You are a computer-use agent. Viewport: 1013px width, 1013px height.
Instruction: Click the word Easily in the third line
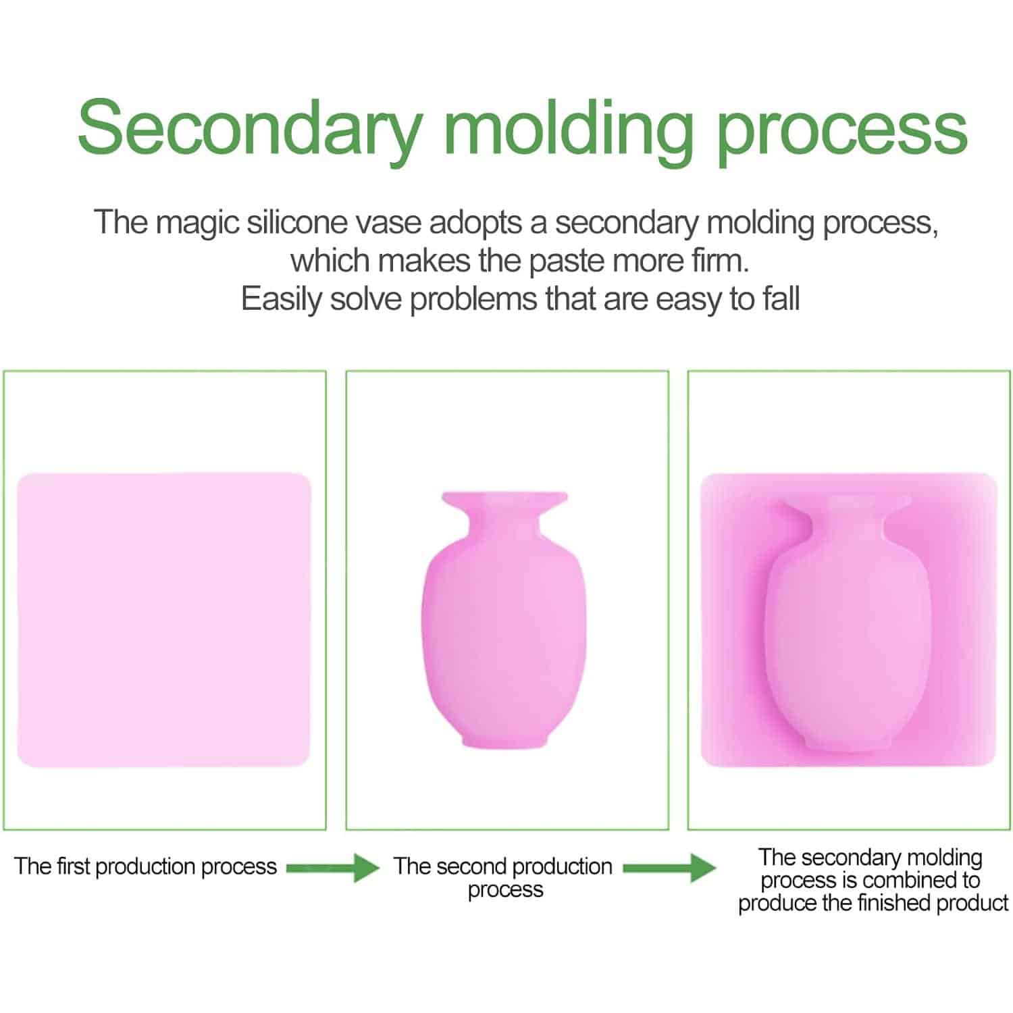click(x=281, y=298)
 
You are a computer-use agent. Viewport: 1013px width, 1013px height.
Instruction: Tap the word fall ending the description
click(x=781, y=298)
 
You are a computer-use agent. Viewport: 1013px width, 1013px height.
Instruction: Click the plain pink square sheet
click(x=163, y=620)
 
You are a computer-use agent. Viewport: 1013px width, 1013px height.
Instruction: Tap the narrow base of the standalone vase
click(x=504, y=741)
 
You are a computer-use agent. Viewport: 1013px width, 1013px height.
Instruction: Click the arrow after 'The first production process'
click(x=332, y=867)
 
